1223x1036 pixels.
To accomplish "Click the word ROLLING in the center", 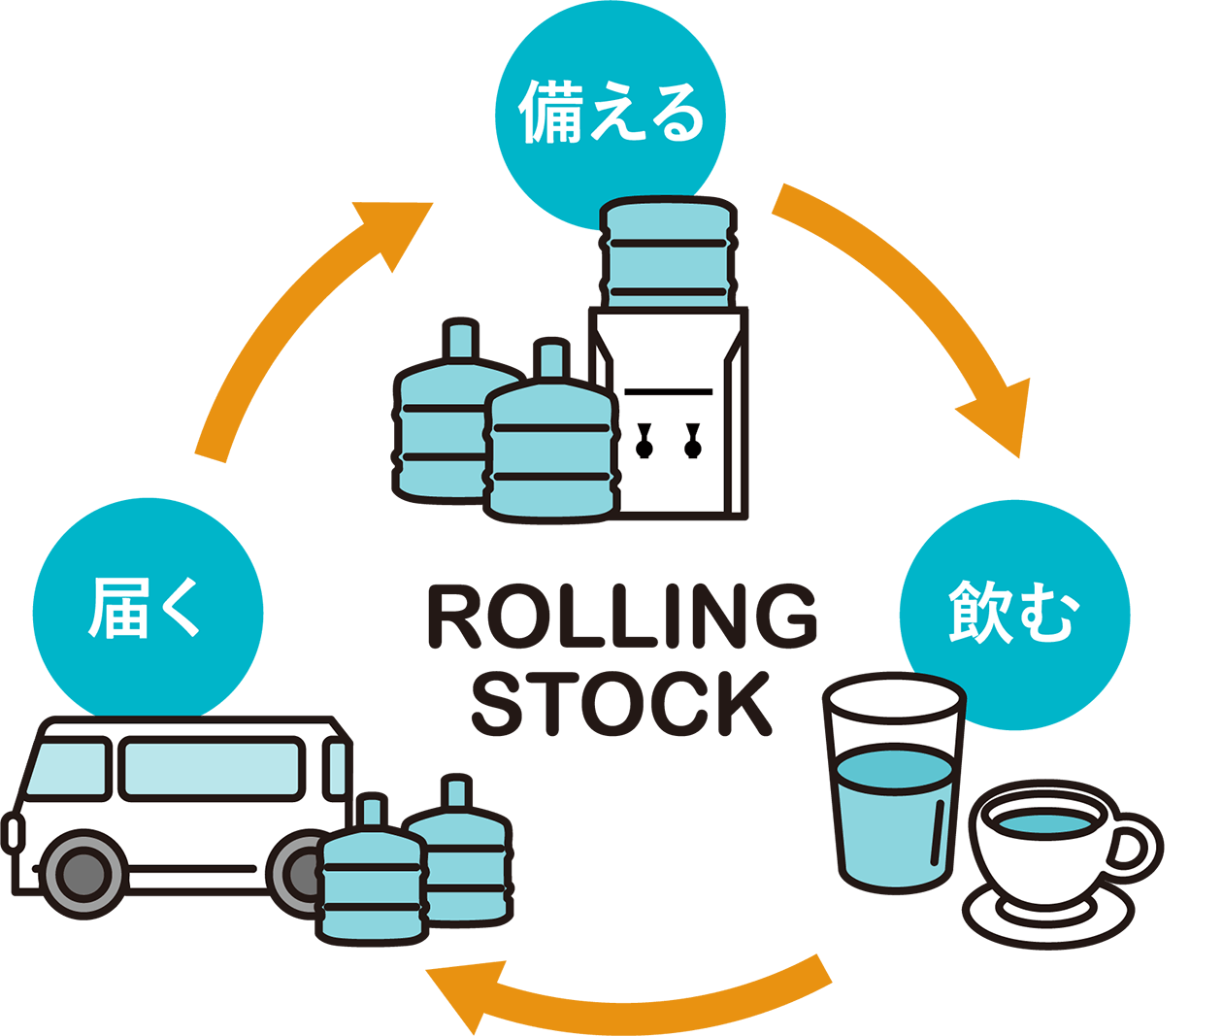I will [621, 616].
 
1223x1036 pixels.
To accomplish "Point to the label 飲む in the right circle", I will [1012, 613].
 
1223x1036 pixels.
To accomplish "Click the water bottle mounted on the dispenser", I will [668, 254].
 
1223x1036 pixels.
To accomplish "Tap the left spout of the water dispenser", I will [644, 440].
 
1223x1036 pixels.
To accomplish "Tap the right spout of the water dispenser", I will [692, 440].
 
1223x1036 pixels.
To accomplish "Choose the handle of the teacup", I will [1136, 849].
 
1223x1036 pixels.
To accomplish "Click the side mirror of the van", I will [13, 834].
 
